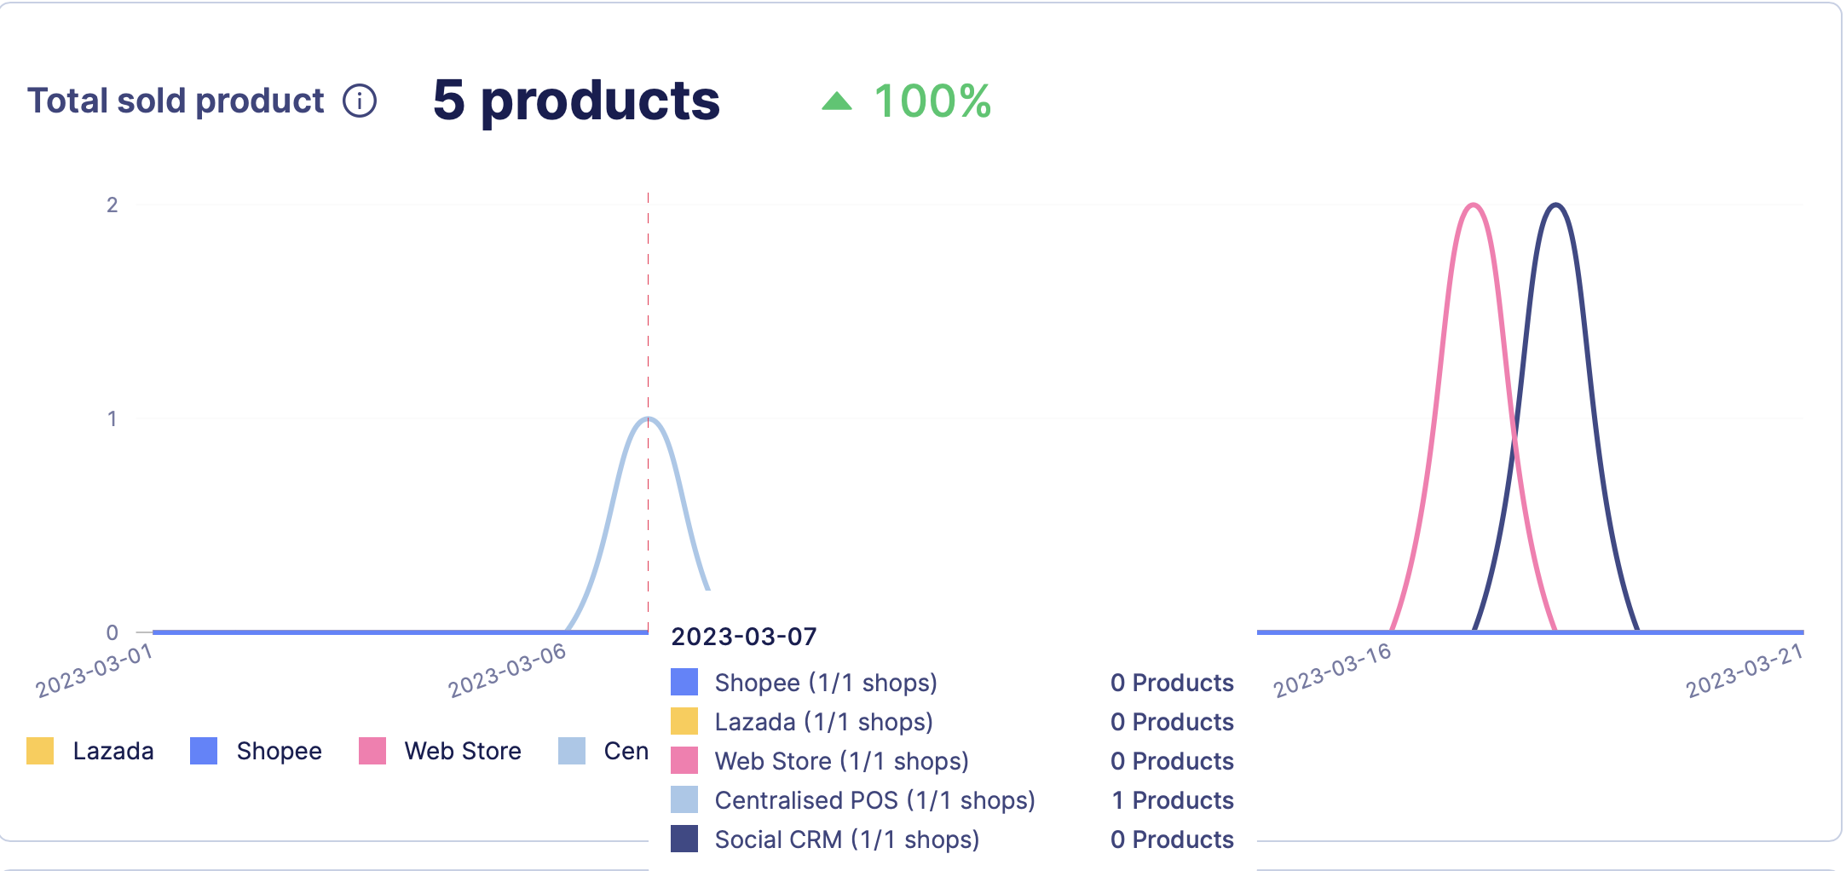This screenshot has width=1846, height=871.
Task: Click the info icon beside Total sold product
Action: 360,101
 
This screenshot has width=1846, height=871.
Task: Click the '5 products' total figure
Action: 576,101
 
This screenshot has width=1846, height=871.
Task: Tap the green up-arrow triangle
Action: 837,101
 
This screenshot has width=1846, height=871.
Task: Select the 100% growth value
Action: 932,101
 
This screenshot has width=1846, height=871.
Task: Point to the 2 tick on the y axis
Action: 112,205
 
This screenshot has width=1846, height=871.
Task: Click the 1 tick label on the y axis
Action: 112,418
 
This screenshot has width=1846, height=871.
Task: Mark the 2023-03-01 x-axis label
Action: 94,671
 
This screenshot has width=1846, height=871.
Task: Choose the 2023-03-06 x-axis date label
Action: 507,671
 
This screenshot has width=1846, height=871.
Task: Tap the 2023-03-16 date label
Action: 1332,671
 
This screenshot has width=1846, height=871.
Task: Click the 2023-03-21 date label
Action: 1745,671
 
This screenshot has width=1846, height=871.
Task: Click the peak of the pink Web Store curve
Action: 1474,205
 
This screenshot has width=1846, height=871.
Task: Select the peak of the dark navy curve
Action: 1556,205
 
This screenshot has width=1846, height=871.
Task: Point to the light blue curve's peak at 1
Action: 649,418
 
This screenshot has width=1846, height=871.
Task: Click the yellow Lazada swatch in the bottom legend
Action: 40,751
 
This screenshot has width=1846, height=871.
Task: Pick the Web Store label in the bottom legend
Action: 463,751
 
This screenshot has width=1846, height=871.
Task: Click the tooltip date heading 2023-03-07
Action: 744,637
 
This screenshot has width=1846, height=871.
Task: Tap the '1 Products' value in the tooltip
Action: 1173,800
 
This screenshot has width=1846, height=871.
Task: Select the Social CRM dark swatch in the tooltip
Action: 684,839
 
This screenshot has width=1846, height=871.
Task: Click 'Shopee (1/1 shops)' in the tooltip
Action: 826,683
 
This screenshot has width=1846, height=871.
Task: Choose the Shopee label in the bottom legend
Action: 279,751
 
